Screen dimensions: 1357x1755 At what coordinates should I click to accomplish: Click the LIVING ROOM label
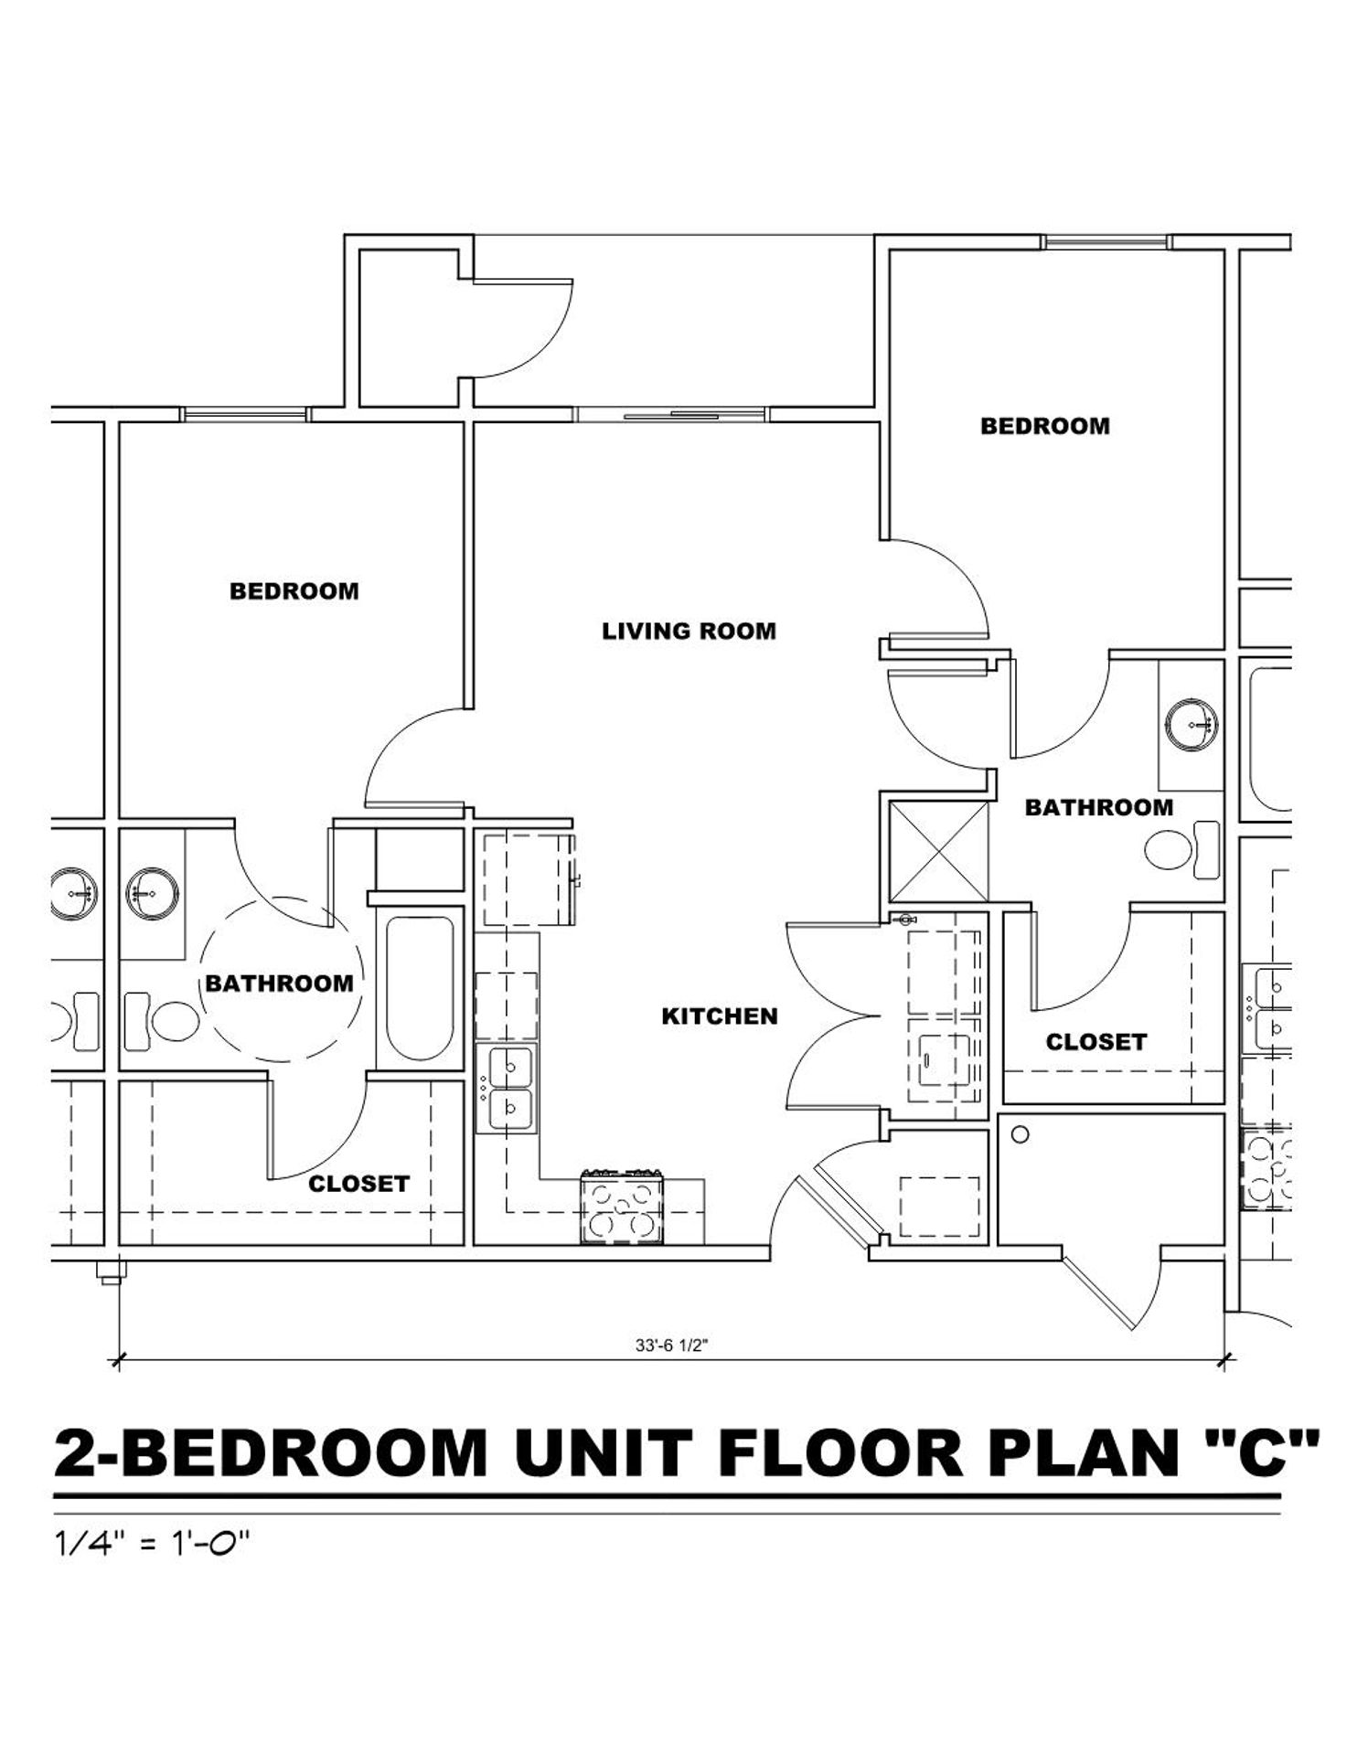pos(689,632)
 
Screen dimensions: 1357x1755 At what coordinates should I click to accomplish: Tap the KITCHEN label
pos(720,1016)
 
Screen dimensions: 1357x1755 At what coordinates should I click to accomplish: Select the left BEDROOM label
pos(294,591)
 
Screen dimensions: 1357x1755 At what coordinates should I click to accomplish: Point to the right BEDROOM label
pos(1045,426)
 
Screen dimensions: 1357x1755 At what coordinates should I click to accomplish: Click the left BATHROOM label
pos(279,984)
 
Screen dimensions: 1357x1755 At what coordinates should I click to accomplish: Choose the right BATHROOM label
pos(1098,808)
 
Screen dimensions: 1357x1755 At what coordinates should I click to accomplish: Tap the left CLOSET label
pos(358,1184)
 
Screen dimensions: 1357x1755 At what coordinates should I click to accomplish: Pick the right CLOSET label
pos(1095,1042)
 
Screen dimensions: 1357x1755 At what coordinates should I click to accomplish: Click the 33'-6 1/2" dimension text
pos(672,1345)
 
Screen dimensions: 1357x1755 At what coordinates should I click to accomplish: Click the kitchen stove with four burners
pos(622,1207)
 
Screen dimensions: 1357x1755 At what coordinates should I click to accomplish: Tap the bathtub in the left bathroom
pos(420,988)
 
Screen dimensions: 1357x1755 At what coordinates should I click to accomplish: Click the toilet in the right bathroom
pos(1182,847)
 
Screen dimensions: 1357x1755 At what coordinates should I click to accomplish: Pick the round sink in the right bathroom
pos(1191,725)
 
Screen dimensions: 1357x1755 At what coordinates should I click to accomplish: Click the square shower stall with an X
pos(939,851)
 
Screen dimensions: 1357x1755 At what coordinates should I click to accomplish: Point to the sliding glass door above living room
pos(673,414)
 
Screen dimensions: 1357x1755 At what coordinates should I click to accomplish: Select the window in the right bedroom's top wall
pos(1107,242)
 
